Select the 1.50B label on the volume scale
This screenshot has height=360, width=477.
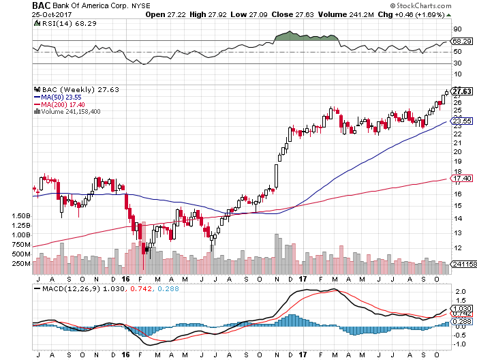coord(21,215)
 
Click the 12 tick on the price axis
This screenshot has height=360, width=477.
coord(457,232)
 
